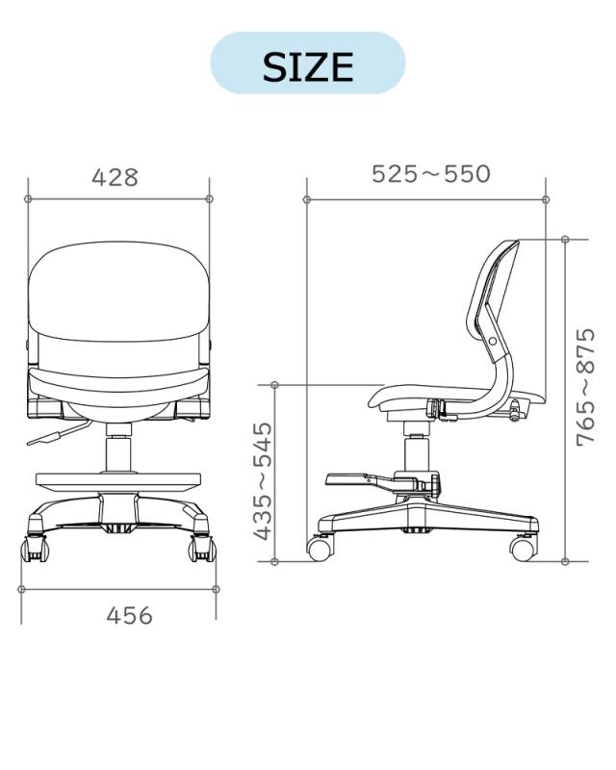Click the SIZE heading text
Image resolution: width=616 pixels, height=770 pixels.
308,66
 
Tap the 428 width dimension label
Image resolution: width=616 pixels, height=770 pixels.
115,177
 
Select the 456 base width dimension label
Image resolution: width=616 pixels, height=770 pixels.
130,615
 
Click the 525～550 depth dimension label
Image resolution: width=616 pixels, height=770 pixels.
431,174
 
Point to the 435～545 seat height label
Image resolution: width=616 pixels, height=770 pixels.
264,480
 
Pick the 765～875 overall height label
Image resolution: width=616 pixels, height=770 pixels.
585,388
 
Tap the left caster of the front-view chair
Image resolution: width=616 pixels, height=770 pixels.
35,549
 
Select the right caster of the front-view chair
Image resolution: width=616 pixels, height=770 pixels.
202,549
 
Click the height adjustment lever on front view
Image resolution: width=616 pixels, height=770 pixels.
58,432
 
